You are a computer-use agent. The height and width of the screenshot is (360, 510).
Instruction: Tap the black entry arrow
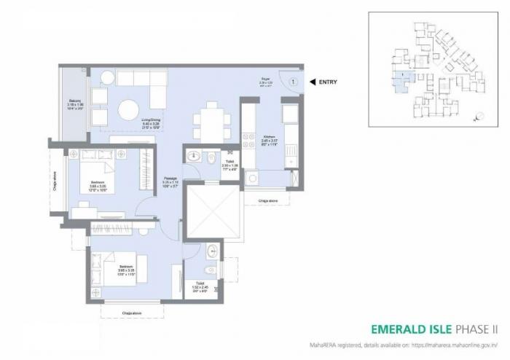tap(312, 82)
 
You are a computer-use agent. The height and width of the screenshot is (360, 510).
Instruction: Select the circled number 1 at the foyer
tap(292, 82)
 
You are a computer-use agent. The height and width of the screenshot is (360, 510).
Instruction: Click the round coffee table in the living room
tap(129, 110)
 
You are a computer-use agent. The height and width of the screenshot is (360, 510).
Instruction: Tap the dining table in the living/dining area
tap(212, 120)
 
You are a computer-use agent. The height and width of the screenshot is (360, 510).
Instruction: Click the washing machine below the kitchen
tap(253, 177)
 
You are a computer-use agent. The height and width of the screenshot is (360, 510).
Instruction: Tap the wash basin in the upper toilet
tap(194, 155)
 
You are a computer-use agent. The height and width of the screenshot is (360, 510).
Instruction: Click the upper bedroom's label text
tap(98, 182)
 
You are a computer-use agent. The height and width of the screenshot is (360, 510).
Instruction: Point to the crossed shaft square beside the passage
tap(213, 211)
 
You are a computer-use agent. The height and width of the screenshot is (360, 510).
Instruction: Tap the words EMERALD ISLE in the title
tap(409, 329)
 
